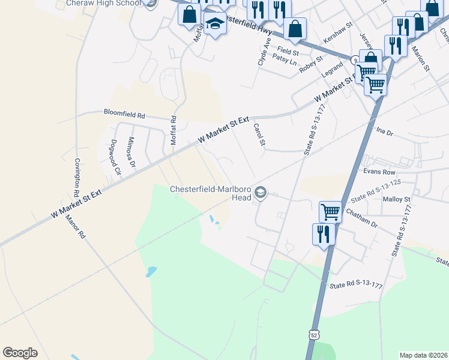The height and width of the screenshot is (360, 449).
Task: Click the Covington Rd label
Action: click(77, 179)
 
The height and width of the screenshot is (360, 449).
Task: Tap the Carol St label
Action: click(259, 134)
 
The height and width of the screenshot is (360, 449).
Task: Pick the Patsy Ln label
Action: click(285, 61)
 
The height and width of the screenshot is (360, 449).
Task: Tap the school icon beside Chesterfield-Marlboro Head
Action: click(260, 192)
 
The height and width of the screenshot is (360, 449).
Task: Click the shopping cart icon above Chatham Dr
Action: click(330, 211)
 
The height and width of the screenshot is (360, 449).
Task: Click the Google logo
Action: click(20, 353)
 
